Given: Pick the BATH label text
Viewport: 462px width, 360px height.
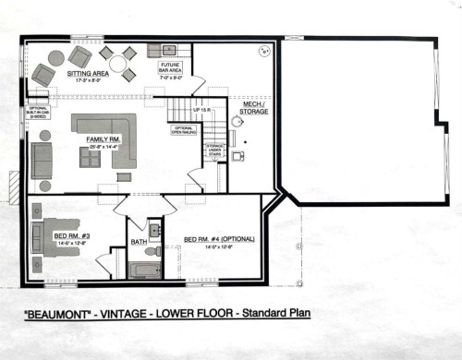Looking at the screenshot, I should pyautogui.click(x=140, y=243).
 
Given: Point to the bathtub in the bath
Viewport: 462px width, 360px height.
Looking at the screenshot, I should pyautogui.click(x=145, y=270).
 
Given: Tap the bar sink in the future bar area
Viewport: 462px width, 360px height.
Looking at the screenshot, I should pyautogui.click(x=169, y=49).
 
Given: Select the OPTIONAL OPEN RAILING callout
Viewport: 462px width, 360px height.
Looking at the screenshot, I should pyautogui.click(x=182, y=130).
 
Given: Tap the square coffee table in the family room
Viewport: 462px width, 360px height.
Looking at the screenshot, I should pyautogui.click(x=90, y=157).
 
